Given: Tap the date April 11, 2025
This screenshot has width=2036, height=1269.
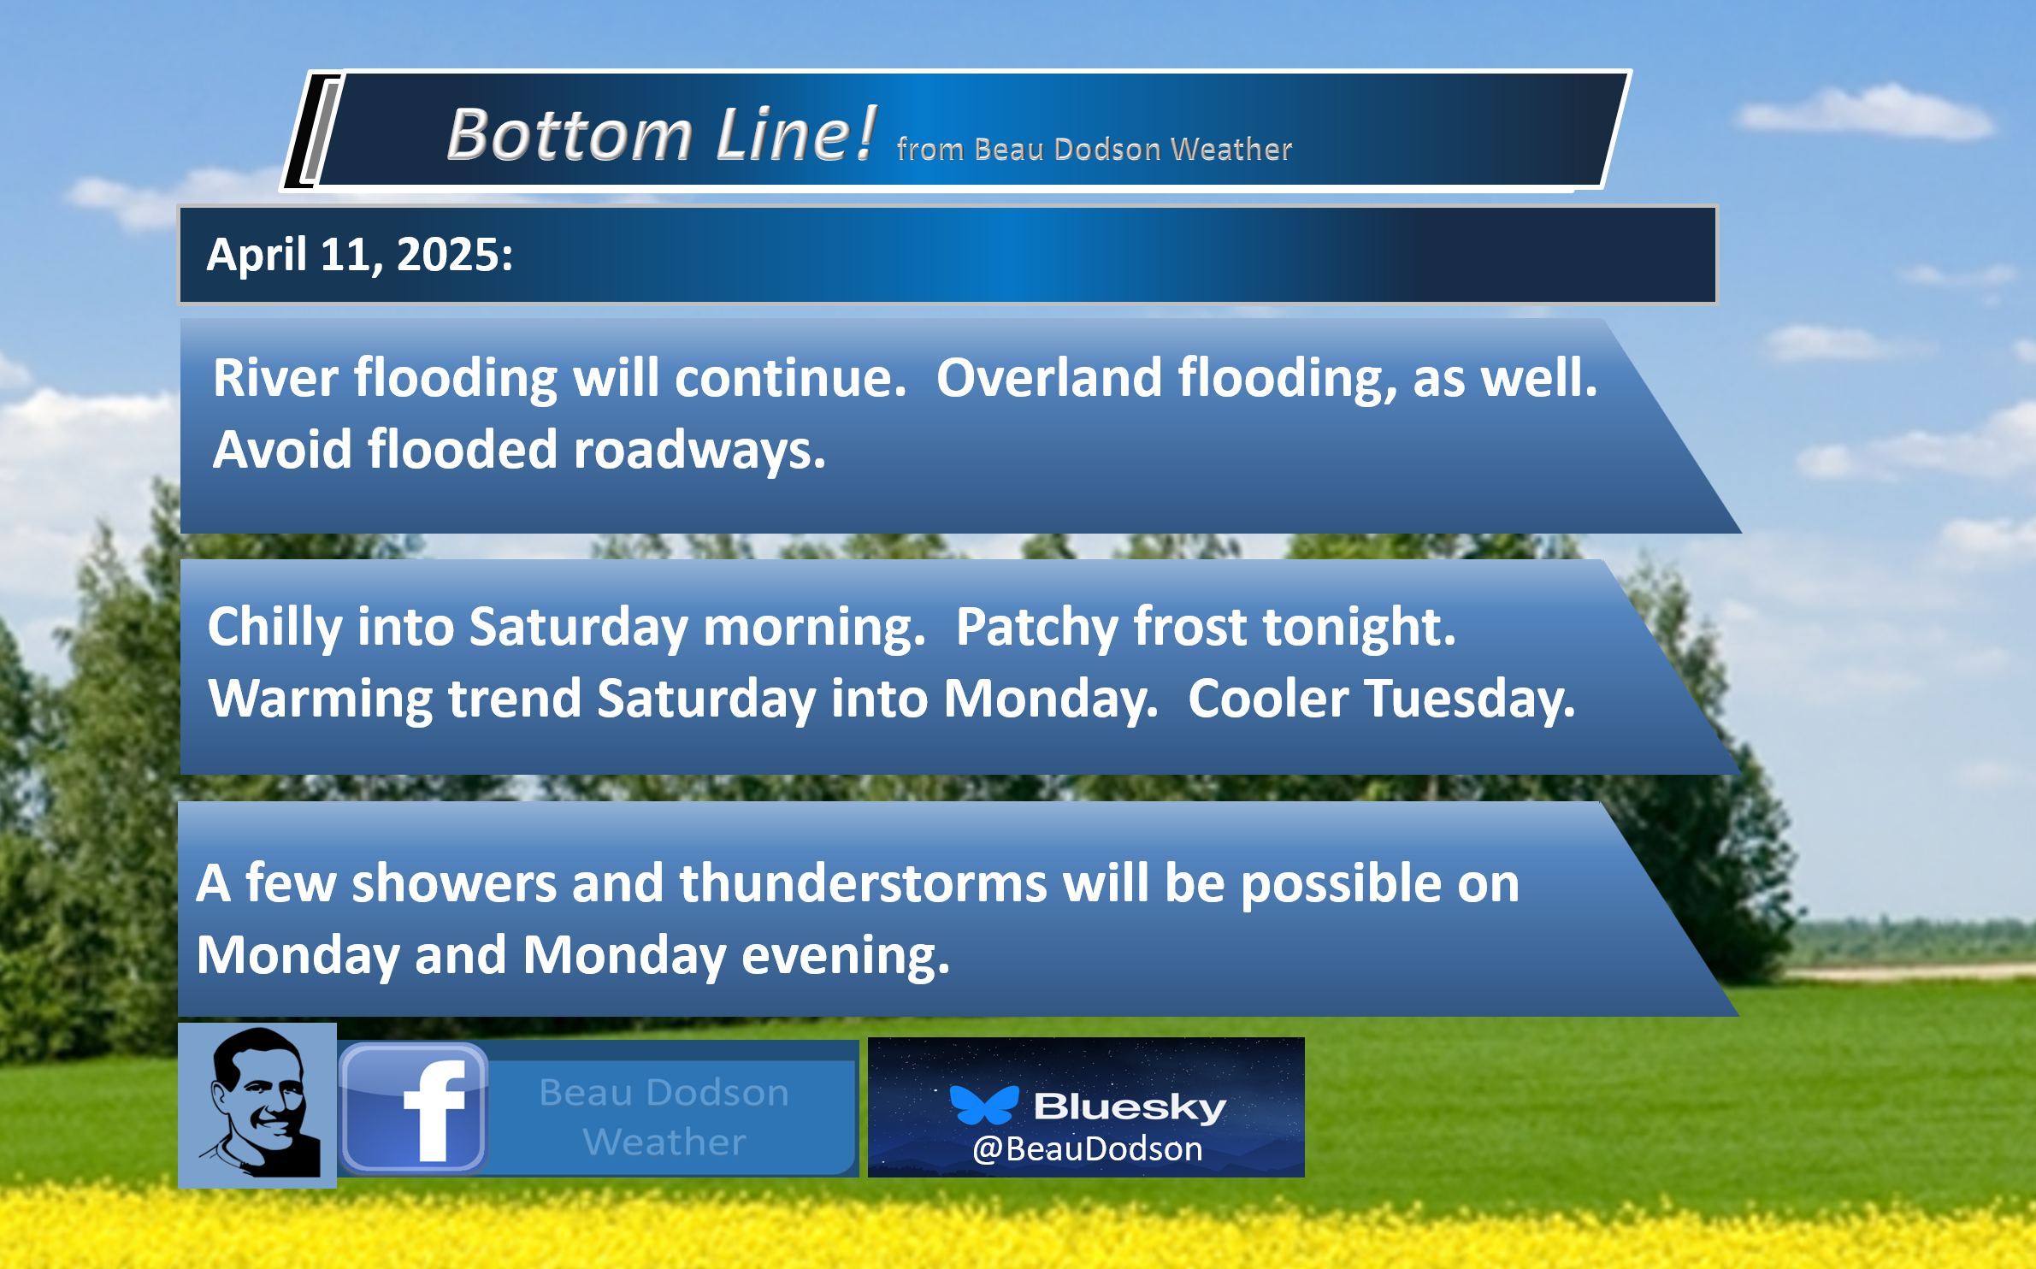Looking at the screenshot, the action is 359,255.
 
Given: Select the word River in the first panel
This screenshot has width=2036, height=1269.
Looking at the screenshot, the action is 275,377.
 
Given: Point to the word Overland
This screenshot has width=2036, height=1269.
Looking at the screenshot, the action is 1049,377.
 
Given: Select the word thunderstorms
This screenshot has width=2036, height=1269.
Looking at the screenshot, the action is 863,882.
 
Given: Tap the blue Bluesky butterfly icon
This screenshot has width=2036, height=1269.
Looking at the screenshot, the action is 984,1105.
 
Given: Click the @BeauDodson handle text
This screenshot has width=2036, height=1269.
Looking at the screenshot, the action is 1088,1149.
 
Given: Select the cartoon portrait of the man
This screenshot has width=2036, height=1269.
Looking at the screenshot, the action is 257,1104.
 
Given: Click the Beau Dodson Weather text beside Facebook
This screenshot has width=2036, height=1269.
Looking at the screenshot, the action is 664,1117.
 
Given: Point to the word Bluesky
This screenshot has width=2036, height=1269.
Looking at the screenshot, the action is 1130,1107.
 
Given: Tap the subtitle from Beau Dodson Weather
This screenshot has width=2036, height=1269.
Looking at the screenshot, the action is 1095,149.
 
